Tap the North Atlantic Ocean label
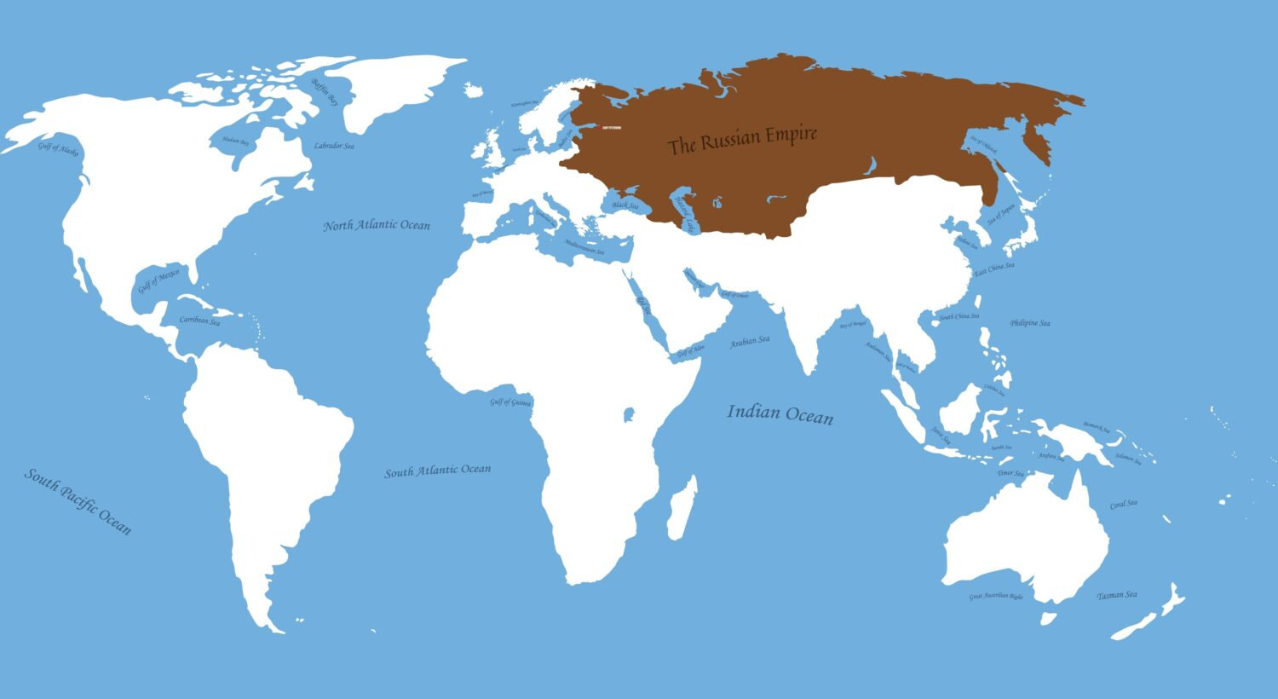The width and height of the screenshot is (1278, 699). (377, 226)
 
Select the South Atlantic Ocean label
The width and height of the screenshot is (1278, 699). (438, 471)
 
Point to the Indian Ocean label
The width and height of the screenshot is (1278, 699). (780, 414)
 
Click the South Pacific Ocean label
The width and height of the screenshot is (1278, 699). (78, 501)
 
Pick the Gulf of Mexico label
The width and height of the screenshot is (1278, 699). (159, 280)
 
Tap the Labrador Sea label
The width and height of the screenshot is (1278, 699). (334, 147)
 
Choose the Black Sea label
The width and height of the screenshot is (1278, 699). (625, 205)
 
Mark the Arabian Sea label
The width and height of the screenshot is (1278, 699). (750, 342)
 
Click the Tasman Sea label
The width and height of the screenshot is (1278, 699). (1117, 595)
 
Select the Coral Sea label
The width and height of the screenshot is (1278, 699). (1124, 504)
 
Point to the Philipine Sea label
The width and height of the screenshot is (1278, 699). (1030, 323)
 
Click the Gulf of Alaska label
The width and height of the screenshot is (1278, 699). (58, 149)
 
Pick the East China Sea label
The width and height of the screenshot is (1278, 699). (994, 269)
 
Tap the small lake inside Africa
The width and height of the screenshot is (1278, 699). (630, 415)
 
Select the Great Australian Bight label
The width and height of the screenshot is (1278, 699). (996, 596)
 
